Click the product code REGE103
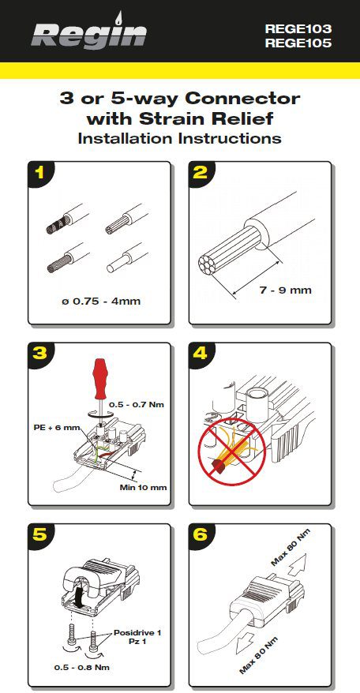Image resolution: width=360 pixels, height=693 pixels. (x=298, y=29)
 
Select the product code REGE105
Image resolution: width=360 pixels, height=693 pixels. (x=298, y=43)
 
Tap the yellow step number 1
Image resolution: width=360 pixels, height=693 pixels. (x=40, y=172)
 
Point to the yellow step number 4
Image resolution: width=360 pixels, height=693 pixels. (x=201, y=354)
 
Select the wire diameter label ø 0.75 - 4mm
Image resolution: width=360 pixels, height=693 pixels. (x=101, y=302)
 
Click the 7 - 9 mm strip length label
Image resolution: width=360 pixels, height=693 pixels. (x=285, y=290)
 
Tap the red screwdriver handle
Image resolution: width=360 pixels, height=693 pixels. (x=100, y=373)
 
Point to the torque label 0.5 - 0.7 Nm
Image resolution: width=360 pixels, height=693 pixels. (x=137, y=404)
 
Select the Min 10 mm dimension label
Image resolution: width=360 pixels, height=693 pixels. (x=144, y=488)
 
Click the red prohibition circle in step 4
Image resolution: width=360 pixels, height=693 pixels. (x=232, y=451)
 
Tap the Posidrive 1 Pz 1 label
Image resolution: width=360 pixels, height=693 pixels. (x=137, y=637)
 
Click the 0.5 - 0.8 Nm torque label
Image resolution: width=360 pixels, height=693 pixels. (x=82, y=667)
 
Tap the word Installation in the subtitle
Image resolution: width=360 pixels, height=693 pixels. (x=126, y=138)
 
